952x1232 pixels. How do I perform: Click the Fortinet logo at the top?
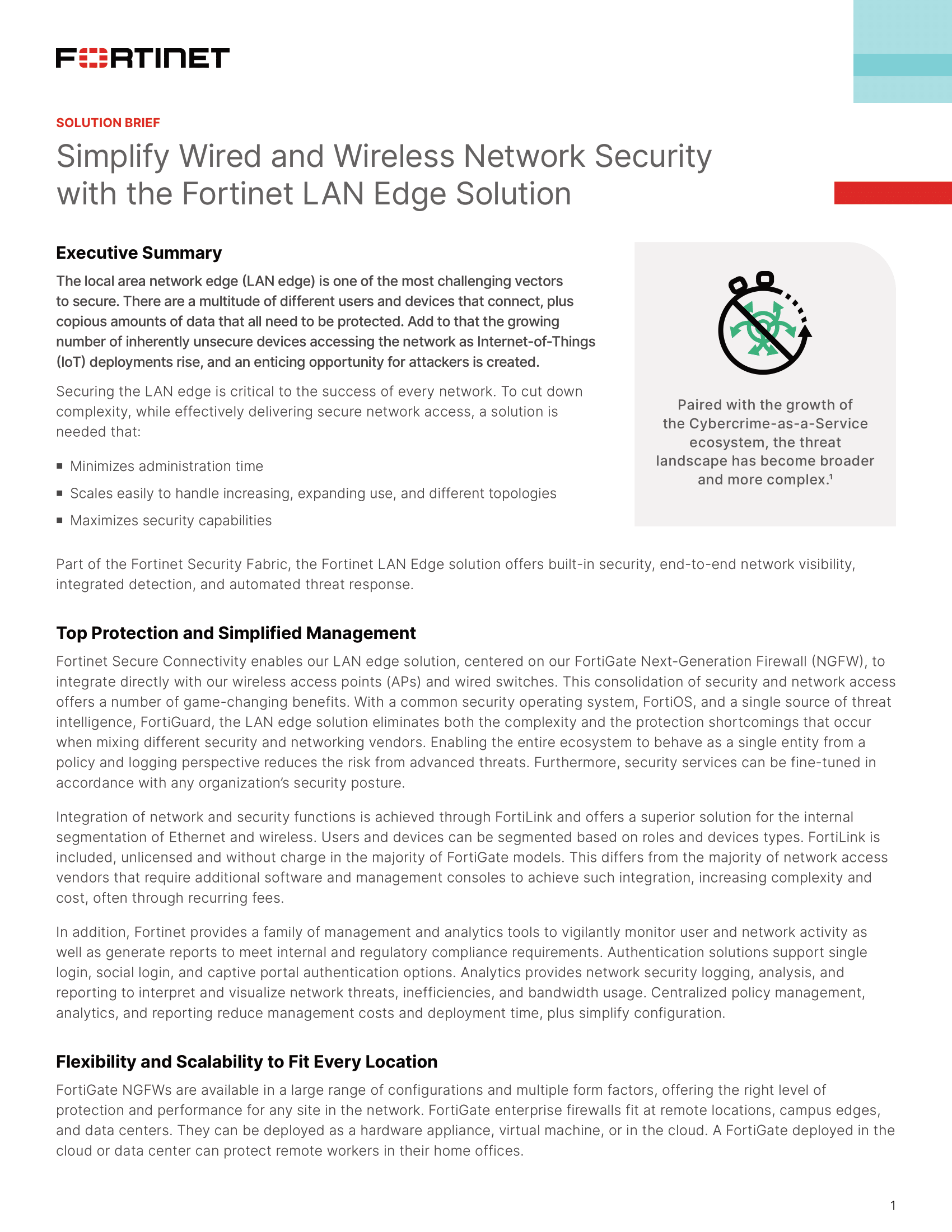coord(142,58)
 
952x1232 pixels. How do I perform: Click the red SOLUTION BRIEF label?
coord(108,123)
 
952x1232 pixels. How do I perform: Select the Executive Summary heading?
coord(139,253)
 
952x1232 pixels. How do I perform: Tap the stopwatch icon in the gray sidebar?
coord(764,324)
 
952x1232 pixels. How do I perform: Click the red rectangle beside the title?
coord(892,193)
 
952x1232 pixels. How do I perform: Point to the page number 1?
coord(893,1206)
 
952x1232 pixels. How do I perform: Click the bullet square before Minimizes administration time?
coord(60,466)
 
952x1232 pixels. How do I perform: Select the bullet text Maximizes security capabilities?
coord(170,520)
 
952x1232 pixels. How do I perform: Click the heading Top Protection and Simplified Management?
coord(236,633)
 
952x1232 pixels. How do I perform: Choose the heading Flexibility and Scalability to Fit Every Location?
coord(246,1062)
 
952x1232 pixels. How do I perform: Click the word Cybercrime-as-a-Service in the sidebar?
coord(778,424)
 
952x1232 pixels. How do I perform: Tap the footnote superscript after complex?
coord(831,477)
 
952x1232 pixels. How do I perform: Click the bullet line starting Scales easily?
coord(313,493)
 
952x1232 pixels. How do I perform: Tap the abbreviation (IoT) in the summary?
coord(71,362)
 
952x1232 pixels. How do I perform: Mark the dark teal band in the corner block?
coord(902,65)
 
